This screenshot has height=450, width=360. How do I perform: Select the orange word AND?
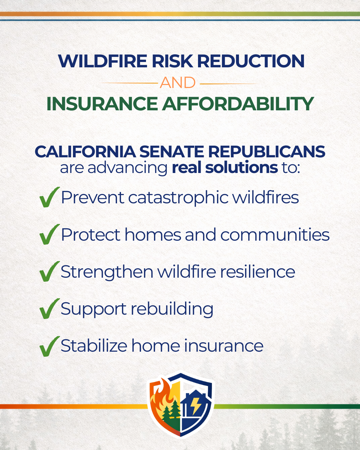177,83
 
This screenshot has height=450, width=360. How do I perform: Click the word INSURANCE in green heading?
102,104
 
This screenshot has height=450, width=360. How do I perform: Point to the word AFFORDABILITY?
238,104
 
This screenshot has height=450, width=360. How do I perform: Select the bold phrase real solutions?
225,168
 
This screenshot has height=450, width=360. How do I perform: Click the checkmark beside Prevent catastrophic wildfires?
49,197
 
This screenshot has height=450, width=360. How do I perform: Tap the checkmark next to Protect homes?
49,235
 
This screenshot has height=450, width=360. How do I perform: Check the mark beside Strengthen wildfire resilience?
49,272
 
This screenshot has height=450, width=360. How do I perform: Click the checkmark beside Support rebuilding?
49,309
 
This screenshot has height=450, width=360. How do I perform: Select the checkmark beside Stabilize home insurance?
49,346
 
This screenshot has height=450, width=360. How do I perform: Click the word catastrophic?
178,198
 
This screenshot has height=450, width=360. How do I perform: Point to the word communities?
275,235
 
